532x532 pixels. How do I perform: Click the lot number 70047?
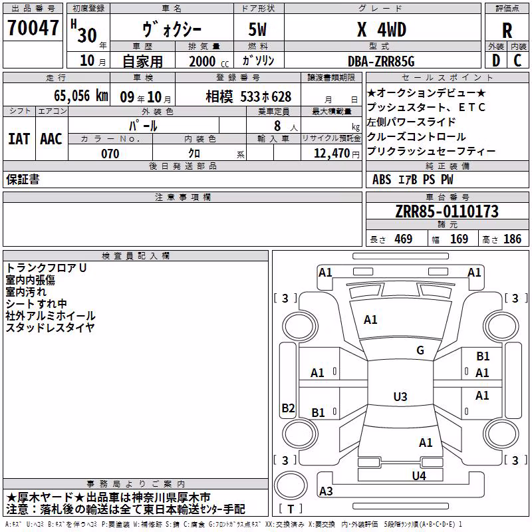pyautogui.click(x=33, y=28)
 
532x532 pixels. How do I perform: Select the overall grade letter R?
pyautogui.click(x=507, y=31)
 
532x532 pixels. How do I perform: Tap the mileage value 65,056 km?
pyautogui.click(x=81, y=96)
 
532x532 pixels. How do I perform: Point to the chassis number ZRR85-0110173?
pyautogui.click(x=447, y=211)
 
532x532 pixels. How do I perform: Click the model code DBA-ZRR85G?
pyautogui.click(x=381, y=61)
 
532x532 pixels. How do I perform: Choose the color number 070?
pyautogui.click(x=110, y=154)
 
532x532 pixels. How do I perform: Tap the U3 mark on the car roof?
pyautogui.click(x=400, y=396)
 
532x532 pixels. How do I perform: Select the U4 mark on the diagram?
pyautogui.click(x=419, y=475)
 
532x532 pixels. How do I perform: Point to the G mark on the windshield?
pyautogui.click(x=420, y=350)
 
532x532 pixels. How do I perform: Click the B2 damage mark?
pyautogui.click(x=288, y=408)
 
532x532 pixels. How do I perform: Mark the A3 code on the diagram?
pyautogui.click(x=326, y=491)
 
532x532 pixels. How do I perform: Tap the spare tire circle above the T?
pyautogui.click(x=291, y=485)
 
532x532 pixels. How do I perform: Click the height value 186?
pyautogui.click(x=512, y=239)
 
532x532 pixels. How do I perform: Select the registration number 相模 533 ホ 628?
pyautogui.click(x=248, y=97)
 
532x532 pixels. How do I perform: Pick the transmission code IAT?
pyautogui.click(x=19, y=139)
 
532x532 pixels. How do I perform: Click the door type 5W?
pyautogui.click(x=257, y=29)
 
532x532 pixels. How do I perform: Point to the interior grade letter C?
pyautogui.click(x=517, y=61)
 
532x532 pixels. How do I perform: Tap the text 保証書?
pyautogui.click(x=23, y=180)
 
